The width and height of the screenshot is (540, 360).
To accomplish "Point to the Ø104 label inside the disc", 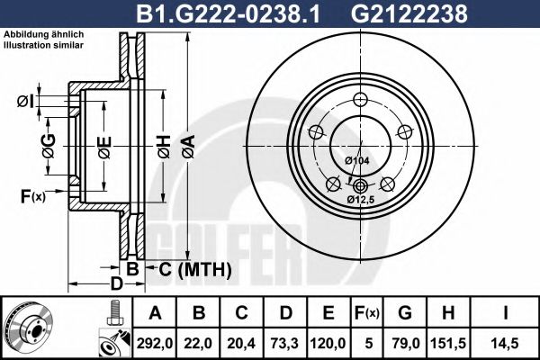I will tap(357, 160).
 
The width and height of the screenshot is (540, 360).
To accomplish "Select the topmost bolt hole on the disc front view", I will tap(361, 100).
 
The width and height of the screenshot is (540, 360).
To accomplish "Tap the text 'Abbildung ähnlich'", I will tap(45, 33).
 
